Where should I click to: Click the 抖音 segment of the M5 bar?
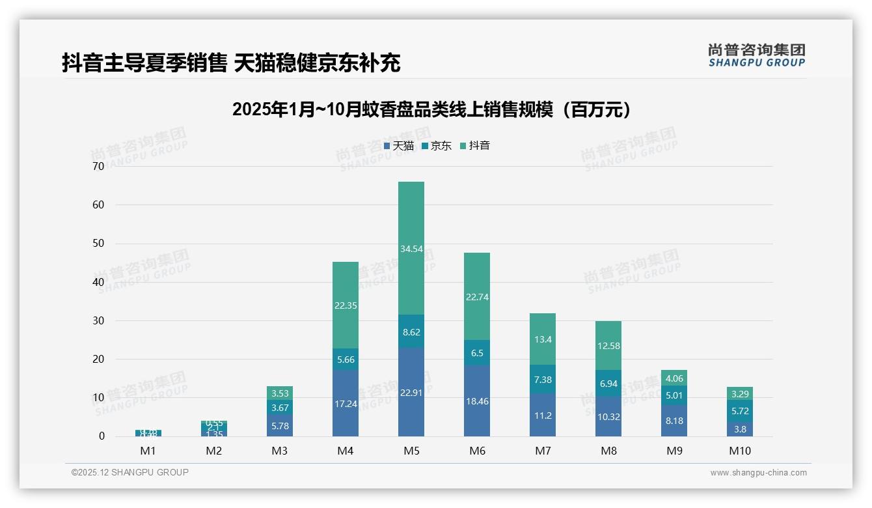pyautogui.click(x=411, y=248)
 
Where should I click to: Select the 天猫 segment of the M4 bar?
pyautogui.click(x=346, y=403)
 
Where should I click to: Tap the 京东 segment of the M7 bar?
pyautogui.click(x=543, y=379)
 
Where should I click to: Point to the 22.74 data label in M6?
pyautogui.click(x=477, y=297)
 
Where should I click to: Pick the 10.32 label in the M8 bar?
pyautogui.click(x=608, y=417)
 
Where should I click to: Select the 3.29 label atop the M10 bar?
pyautogui.click(x=740, y=394)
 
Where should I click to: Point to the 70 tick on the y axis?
pyautogui.click(x=98, y=166)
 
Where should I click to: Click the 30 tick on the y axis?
pyautogui.click(x=98, y=320)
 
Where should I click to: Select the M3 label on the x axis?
pyautogui.click(x=280, y=451)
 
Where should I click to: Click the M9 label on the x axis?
pyautogui.click(x=674, y=451)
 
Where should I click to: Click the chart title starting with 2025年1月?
pyautogui.click(x=431, y=109)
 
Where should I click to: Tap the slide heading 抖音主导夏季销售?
pyautogui.click(x=231, y=63)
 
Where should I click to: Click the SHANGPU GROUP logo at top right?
pyautogui.click(x=756, y=55)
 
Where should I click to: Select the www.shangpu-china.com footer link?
pyautogui.click(x=758, y=473)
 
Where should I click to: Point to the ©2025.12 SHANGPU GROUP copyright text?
pyautogui.click(x=130, y=473)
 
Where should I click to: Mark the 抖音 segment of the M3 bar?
pyautogui.click(x=280, y=393)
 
